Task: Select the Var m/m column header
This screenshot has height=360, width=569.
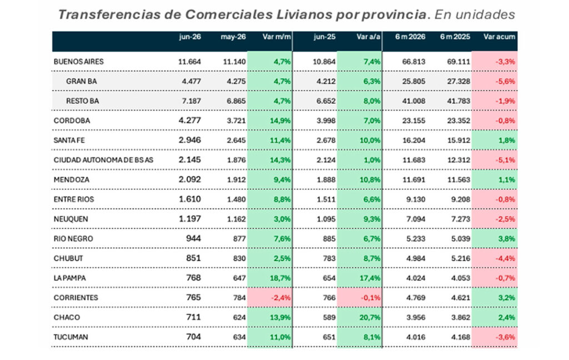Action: [277, 37]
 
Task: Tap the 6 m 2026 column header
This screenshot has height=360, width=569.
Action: [410, 37]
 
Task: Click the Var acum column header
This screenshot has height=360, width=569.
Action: [499, 37]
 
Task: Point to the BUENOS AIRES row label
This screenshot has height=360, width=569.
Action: [78, 62]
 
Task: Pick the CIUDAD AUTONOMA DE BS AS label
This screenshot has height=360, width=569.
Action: [103, 160]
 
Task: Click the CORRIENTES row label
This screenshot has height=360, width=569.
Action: [76, 298]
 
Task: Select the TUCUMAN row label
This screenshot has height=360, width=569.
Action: [71, 337]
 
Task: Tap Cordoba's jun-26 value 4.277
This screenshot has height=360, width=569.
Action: [189, 121]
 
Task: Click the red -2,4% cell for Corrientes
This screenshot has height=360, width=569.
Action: [281, 298]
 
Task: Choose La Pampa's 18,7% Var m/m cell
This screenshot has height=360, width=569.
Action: [280, 278]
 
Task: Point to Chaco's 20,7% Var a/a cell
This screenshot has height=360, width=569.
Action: [370, 317]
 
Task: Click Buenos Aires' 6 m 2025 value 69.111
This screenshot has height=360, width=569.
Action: [458, 62]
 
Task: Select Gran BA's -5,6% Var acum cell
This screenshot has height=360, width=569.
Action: [505, 81]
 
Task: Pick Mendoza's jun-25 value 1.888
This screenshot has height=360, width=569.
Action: [326, 179]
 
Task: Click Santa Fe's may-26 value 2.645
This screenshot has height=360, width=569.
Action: [236, 141]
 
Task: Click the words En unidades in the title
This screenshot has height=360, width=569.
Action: [475, 14]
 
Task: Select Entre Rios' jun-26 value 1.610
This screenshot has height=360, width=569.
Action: [189, 199]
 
